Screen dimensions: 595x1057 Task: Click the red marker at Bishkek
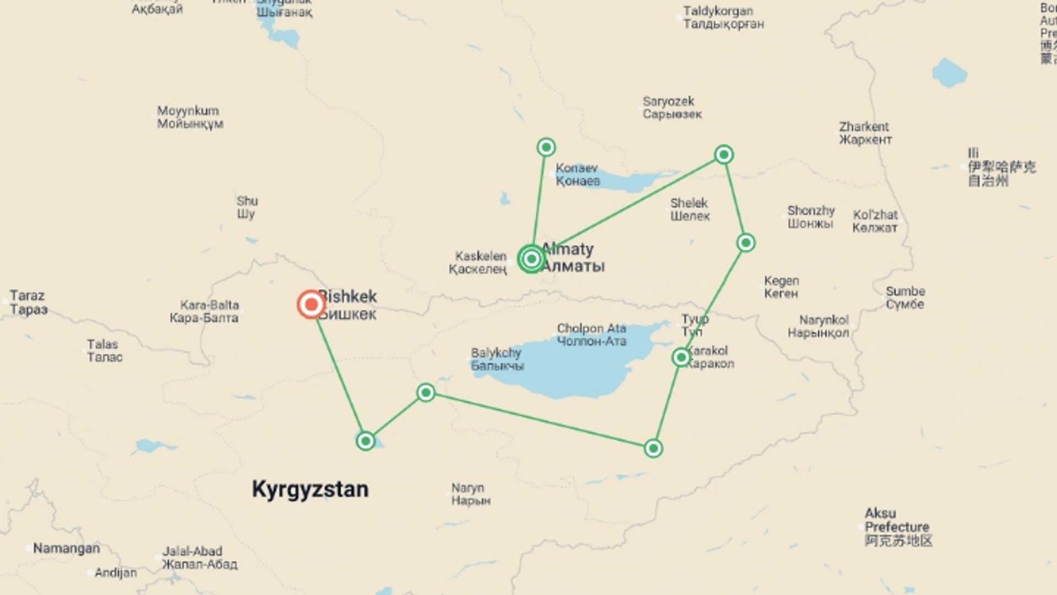(x=311, y=304)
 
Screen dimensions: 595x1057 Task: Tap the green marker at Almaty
(x=531, y=258)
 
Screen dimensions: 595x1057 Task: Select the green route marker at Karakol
(x=681, y=358)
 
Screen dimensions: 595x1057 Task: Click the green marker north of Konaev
(x=546, y=147)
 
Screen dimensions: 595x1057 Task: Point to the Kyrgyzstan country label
(x=310, y=489)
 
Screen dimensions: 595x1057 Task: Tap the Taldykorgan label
(x=723, y=17)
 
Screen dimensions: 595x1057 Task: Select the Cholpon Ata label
(x=591, y=335)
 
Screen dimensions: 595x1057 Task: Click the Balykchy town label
(x=497, y=359)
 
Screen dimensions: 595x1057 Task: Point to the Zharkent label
(x=865, y=133)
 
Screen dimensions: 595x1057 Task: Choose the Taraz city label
(x=28, y=302)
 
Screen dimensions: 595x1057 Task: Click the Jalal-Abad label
(x=199, y=558)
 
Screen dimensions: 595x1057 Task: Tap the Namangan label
(x=66, y=548)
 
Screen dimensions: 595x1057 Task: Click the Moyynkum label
(x=189, y=117)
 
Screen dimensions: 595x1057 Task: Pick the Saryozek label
(x=672, y=107)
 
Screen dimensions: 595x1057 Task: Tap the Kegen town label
(x=781, y=287)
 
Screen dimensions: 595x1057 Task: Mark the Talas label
(x=103, y=350)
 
